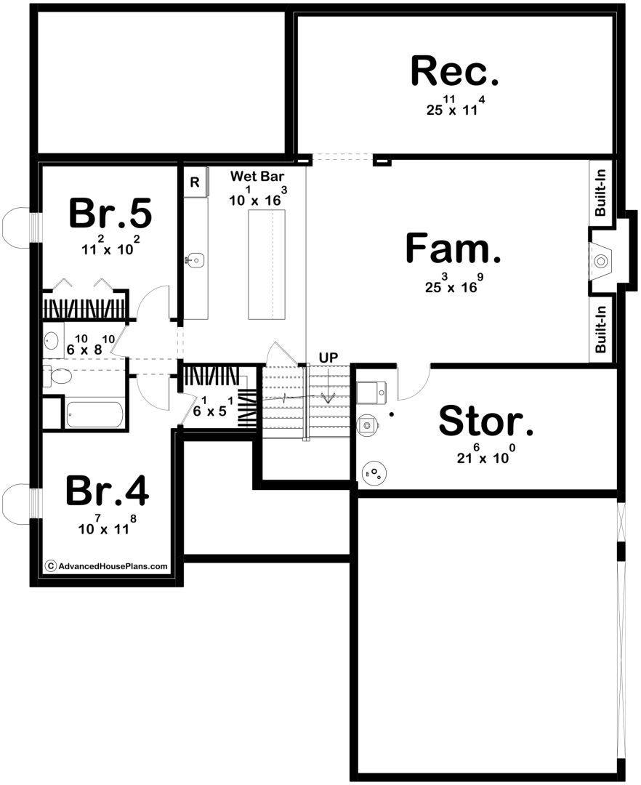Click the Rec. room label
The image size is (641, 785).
(x=455, y=71)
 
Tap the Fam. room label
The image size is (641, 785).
(x=453, y=249)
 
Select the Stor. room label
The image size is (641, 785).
(x=486, y=421)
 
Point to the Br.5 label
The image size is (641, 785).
(x=110, y=213)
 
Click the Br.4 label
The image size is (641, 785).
(x=107, y=491)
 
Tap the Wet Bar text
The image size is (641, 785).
(x=257, y=176)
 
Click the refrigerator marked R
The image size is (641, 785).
(x=195, y=182)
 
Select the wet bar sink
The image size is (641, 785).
(x=195, y=259)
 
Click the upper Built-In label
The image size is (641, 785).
(x=600, y=193)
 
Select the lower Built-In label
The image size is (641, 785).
(x=600, y=329)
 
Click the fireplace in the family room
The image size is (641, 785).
(x=601, y=261)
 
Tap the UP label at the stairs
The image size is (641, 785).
(x=328, y=358)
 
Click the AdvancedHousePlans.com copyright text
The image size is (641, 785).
(x=107, y=566)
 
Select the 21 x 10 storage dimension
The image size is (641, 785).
(x=486, y=454)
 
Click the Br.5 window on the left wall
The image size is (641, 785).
(x=20, y=228)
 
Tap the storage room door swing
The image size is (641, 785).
(x=414, y=385)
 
